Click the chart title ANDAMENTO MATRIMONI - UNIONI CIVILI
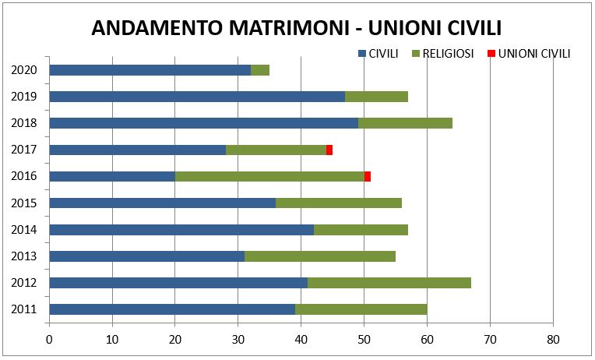click(x=296, y=28)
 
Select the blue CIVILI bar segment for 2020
click(x=150, y=70)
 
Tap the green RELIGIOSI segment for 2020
click(x=260, y=70)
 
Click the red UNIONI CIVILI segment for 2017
click(x=329, y=150)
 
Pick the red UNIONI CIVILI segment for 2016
click(x=368, y=176)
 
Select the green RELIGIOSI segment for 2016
click(x=269, y=176)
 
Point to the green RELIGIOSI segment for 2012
click(x=389, y=283)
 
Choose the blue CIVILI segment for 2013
click(x=146, y=256)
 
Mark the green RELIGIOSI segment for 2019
click(x=376, y=97)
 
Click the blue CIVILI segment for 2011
click(x=171, y=309)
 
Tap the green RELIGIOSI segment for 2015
click(x=339, y=203)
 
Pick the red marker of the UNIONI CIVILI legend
click(x=491, y=55)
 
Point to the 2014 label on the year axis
click(x=24, y=230)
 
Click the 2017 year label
click(x=24, y=150)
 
